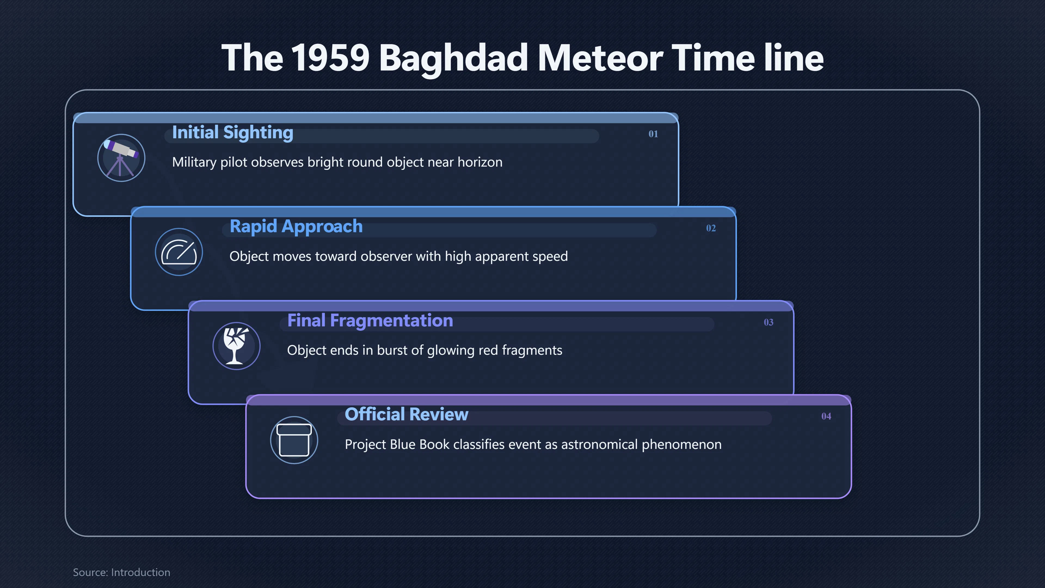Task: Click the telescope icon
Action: [121, 157]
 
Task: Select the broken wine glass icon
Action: [236, 346]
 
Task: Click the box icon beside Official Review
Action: [294, 440]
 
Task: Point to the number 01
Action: [653, 134]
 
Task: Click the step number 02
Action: [711, 228]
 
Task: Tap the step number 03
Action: [768, 322]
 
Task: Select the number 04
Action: [826, 416]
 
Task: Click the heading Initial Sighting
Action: [232, 133]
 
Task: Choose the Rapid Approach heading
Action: [296, 227]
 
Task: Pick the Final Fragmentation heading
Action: [370, 321]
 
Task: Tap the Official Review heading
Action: [407, 414]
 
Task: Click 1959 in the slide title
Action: [330, 58]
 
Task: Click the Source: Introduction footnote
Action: [121, 572]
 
